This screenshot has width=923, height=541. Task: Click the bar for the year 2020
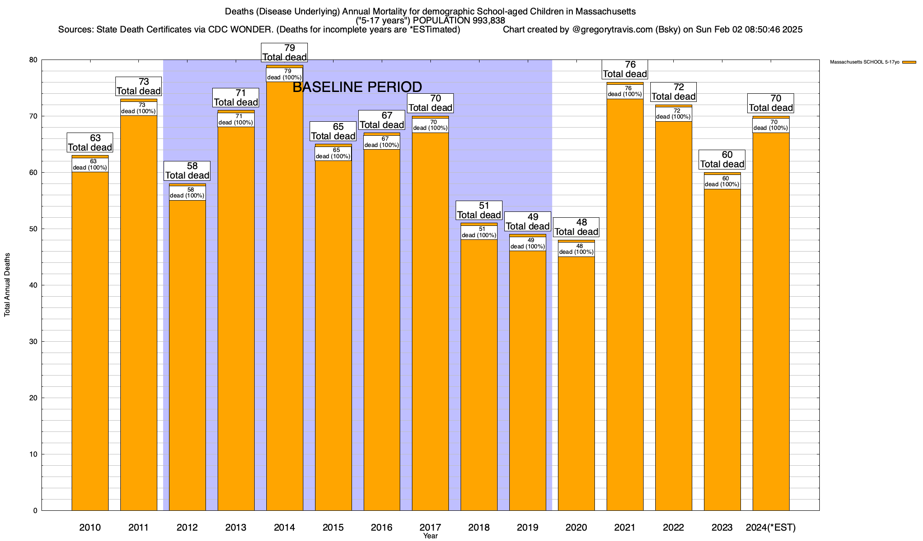pos(576,383)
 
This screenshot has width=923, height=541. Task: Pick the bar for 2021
pos(625,307)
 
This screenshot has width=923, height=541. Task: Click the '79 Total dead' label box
pos(284,53)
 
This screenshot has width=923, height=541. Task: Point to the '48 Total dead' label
pos(576,227)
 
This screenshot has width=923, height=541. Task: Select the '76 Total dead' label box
pos(625,69)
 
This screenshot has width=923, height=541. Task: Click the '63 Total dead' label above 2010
pos(90,143)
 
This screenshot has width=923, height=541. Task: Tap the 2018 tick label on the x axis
pos(479,527)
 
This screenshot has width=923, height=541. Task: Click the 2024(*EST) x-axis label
pos(771,527)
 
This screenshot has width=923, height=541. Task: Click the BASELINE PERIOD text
pos(357,87)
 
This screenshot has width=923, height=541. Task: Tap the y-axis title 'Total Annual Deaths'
pos(7,284)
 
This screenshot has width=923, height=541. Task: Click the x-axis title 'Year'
pos(430,536)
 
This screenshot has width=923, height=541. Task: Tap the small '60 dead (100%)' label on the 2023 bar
pos(722,182)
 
